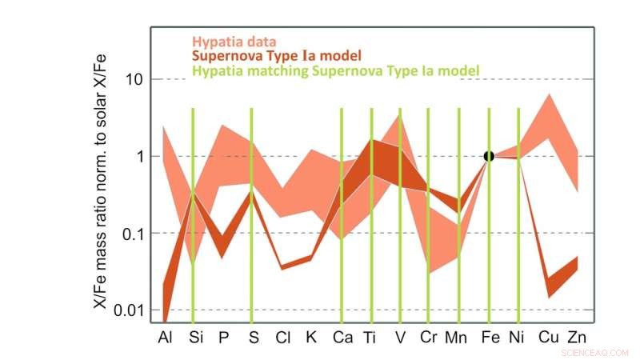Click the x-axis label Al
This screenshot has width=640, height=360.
tap(165, 338)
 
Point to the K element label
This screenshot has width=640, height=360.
tap(311, 338)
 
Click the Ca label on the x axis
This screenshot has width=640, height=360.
tap(342, 338)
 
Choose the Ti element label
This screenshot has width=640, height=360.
tap(370, 338)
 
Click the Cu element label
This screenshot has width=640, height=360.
tap(548, 338)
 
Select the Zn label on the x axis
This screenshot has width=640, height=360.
tap(577, 338)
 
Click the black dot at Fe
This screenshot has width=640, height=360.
tap(489, 156)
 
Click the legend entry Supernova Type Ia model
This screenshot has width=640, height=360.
tap(276, 56)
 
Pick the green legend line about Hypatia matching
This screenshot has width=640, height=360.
tap(335, 71)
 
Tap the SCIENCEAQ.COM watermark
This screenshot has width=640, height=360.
tap(595, 351)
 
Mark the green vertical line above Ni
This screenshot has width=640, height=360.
tap(518, 216)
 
